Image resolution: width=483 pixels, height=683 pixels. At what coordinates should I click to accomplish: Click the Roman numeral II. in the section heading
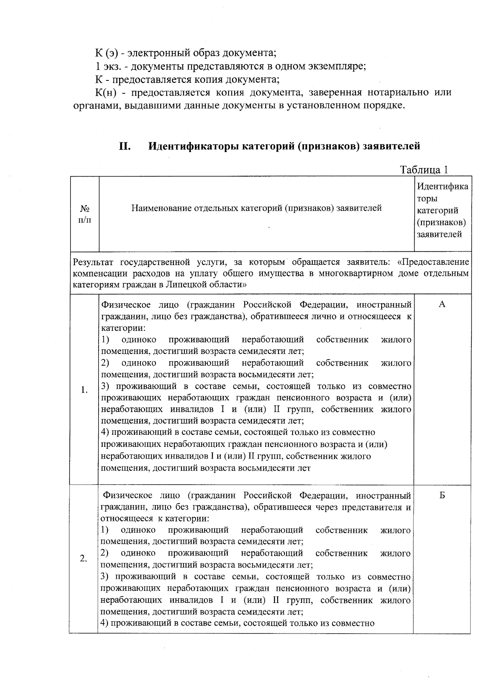point(125,146)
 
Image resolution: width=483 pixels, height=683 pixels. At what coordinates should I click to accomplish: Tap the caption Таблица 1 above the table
point(424,169)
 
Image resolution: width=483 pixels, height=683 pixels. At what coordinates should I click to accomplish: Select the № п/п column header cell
point(85,214)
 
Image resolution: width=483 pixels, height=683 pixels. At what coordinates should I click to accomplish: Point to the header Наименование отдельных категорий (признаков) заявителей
point(256,208)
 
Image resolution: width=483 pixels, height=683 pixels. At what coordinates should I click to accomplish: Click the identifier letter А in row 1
point(442,304)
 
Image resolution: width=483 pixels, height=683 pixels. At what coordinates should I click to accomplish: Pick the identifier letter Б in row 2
point(442,496)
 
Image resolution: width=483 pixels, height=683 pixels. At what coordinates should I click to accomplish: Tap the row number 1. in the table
point(84,390)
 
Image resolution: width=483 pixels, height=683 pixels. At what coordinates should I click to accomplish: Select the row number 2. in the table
point(83,559)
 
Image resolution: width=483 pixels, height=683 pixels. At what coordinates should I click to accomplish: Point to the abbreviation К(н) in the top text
point(106,93)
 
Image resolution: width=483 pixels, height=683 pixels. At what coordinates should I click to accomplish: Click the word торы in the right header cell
point(427,198)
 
